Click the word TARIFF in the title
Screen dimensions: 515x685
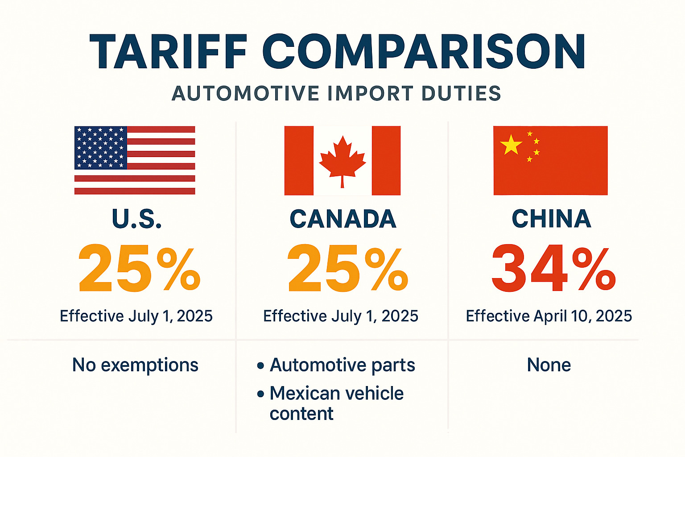168,52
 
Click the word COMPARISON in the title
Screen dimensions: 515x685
424,52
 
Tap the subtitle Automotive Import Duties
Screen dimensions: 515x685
337,94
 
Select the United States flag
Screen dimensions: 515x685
135,160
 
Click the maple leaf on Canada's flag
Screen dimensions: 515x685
342,160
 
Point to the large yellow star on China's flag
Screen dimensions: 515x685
511,145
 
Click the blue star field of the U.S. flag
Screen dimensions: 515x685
101,148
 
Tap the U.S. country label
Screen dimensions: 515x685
136,219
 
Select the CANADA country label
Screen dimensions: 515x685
342,219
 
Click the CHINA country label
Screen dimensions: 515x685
551,219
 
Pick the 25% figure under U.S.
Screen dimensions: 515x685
139,269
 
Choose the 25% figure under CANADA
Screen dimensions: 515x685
347,269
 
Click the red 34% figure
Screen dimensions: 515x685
553,269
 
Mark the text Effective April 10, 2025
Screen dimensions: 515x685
549,316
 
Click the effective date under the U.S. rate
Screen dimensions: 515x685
136,316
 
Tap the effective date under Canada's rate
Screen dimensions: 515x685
341,316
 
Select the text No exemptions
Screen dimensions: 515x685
135,365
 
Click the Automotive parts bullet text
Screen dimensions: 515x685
342,365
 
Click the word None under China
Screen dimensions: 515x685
549,365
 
